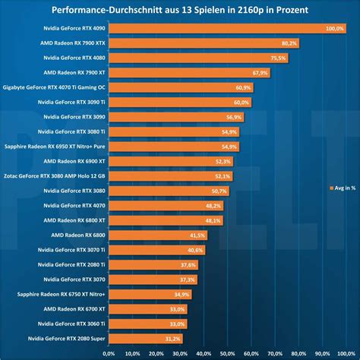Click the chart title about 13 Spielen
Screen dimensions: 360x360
tap(180, 10)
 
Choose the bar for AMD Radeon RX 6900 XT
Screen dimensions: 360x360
tap(168, 161)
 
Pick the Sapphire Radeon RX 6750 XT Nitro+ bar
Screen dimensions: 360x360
tap(148, 294)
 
